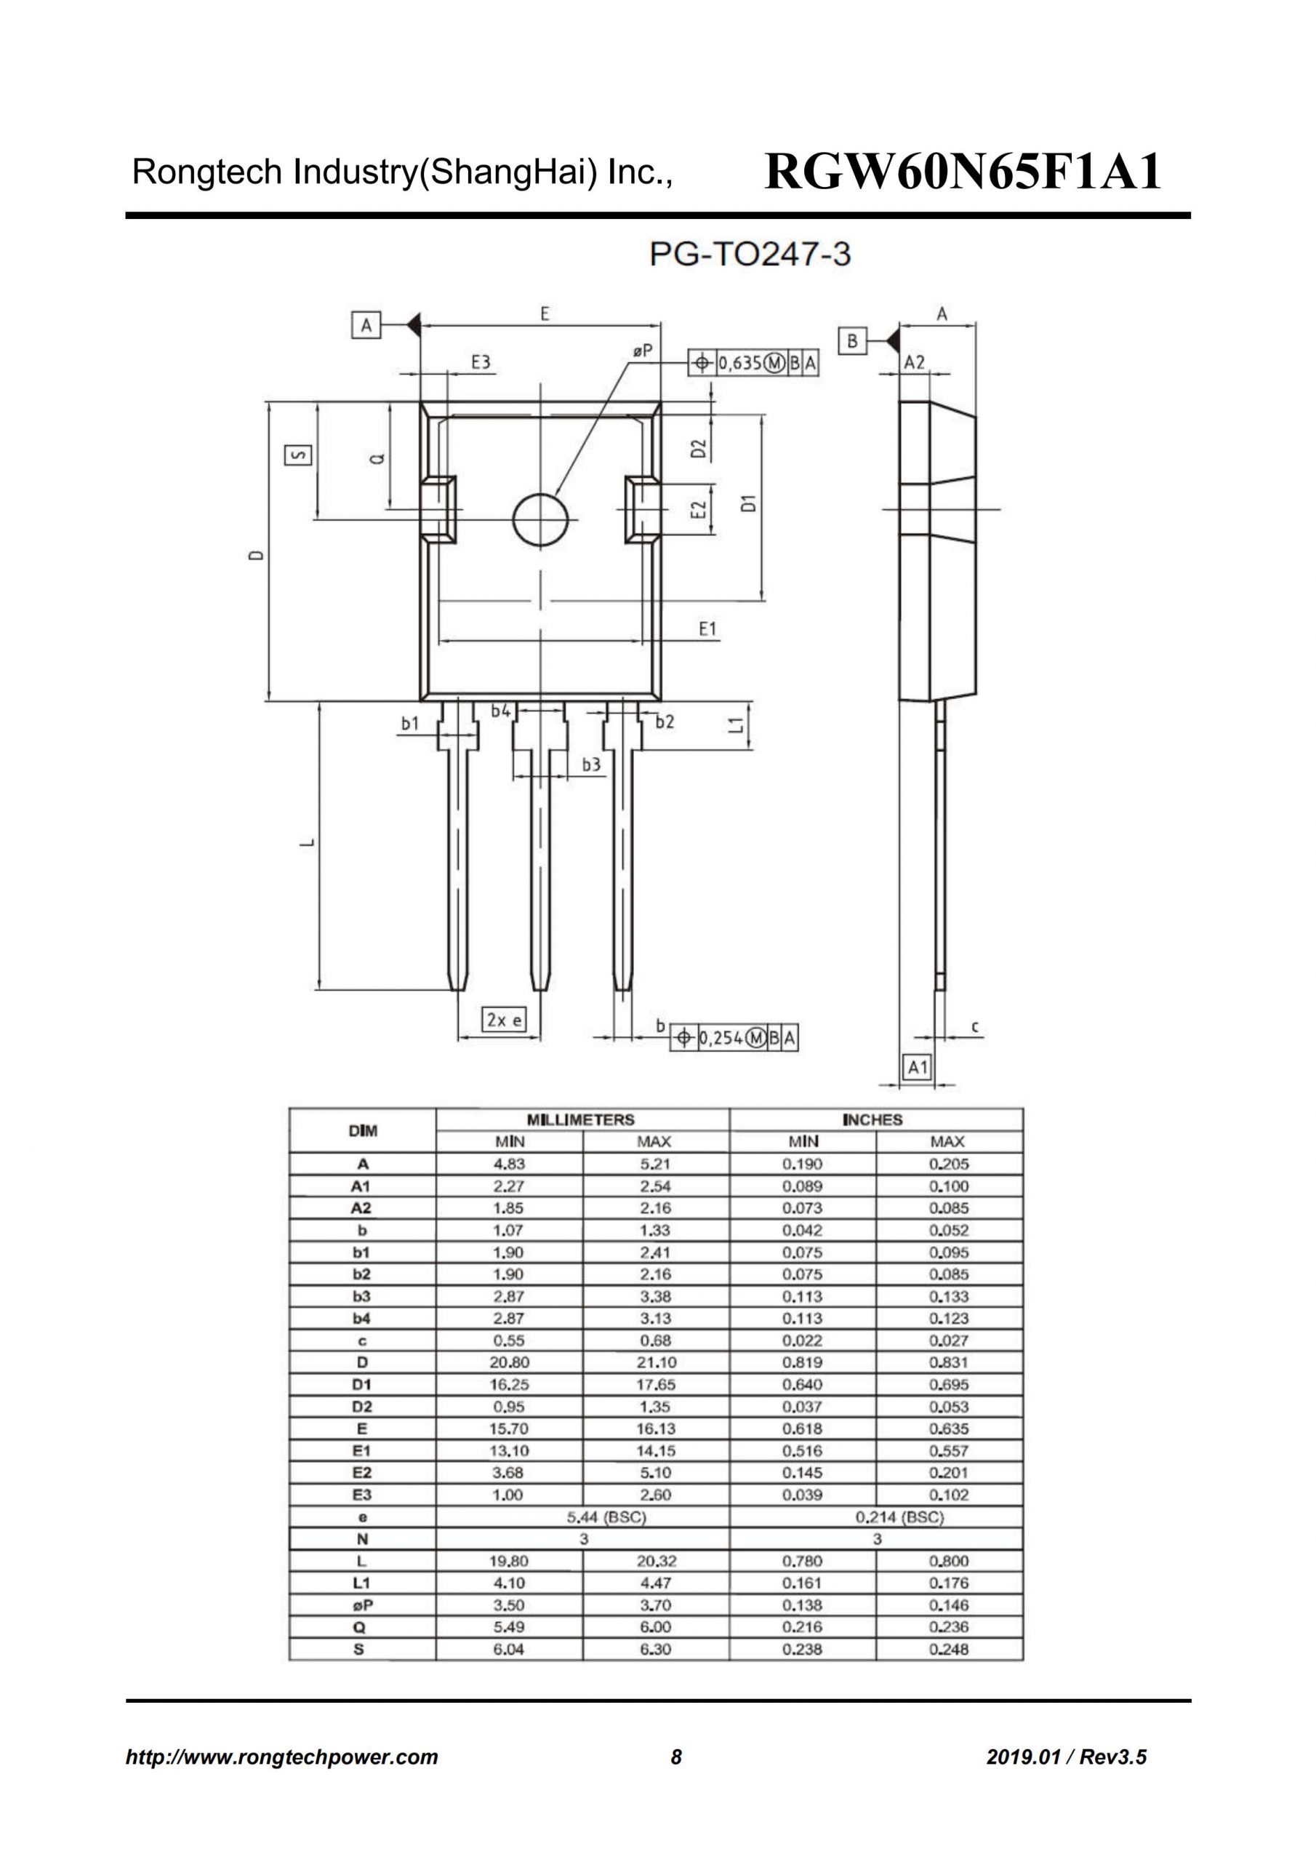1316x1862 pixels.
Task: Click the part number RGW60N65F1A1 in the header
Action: [963, 172]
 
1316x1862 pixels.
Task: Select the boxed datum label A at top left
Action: [366, 326]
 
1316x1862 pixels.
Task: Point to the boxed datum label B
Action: [852, 340]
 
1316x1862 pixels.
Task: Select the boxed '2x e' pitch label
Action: [504, 1020]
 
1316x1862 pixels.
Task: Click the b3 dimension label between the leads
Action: [591, 764]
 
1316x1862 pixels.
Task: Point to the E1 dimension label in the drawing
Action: [708, 628]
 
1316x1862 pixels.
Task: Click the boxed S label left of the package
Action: [297, 455]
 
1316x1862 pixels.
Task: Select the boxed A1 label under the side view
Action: [917, 1066]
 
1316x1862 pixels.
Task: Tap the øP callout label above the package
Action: [642, 351]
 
